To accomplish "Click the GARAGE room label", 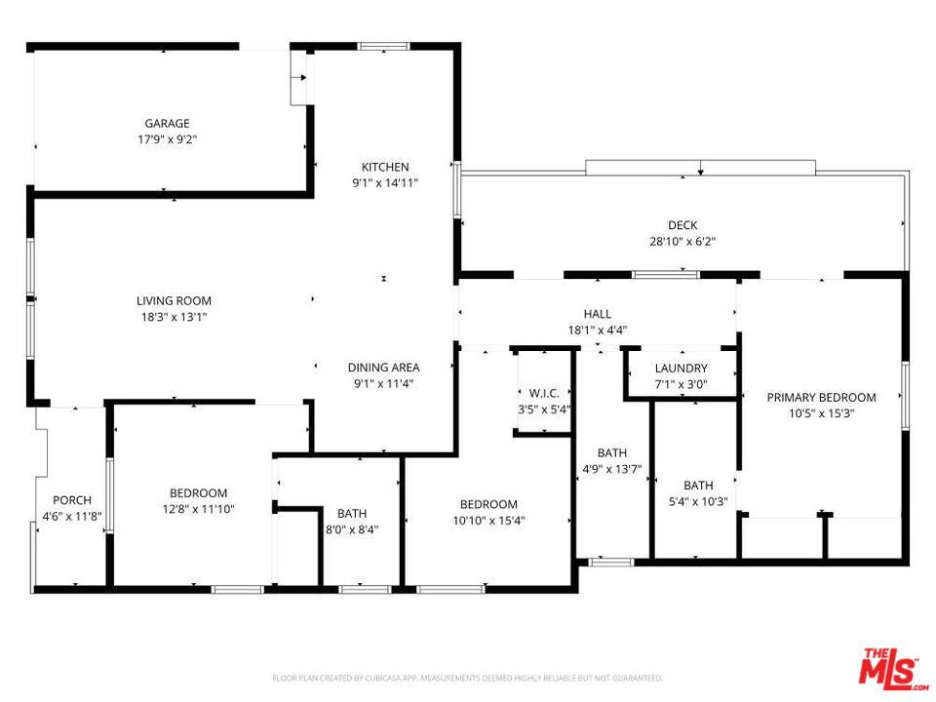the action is (x=167, y=124).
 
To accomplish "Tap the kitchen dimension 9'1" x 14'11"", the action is (x=385, y=182).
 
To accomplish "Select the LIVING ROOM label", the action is (x=174, y=301).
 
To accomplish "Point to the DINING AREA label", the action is (x=384, y=368).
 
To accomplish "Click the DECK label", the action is (x=682, y=225).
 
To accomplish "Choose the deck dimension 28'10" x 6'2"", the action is (x=682, y=241).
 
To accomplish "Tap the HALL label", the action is (x=598, y=314).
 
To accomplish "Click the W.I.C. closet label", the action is (x=544, y=393).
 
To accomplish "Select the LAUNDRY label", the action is (x=682, y=369).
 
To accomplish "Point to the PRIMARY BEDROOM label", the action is (x=821, y=398).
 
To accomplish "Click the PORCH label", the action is (x=72, y=500).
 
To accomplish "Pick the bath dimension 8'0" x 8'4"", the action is (x=352, y=529).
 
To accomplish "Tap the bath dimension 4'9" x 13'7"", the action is (x=612, y=469).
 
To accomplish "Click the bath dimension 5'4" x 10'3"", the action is (x=698, y=501).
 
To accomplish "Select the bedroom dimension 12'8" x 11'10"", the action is (x=198, y=509).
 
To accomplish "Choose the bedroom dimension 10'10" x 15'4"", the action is (x=488, y=521).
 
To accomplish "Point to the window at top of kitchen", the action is (x=383, y=46).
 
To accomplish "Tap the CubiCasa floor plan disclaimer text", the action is (x=467, y=679).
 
